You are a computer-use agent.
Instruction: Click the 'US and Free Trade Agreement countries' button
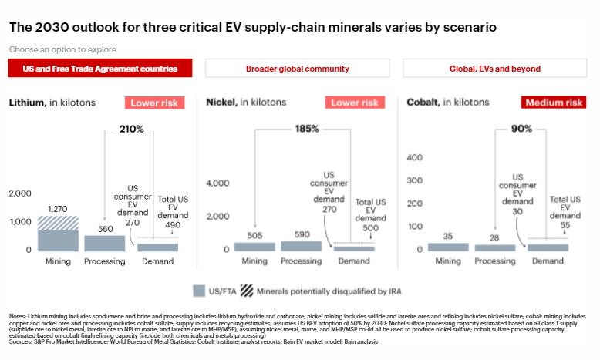(x=99, y=69)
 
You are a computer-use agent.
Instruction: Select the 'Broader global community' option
(x=297, y=69)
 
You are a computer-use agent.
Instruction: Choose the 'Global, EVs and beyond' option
(x=495, y=69)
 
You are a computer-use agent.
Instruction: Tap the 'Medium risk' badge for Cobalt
(x=554, y=103)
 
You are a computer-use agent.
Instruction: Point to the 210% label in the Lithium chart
(x=131, y=129)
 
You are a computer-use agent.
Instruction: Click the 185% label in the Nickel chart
(x=306, y=129)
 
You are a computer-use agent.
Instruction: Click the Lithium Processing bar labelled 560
(x=104, y=243)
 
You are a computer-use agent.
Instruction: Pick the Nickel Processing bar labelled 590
(x=302, y=246)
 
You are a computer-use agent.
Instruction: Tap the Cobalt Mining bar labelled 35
(x=448, y=247)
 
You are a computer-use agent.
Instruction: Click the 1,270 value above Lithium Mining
(x=59, y=208)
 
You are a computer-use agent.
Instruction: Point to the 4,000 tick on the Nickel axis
(x=217, y=183)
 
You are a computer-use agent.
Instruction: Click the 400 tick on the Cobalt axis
(x=415, y=157)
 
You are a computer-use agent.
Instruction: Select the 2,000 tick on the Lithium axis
(x=21, y=193)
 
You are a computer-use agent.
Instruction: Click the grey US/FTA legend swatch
(x=198, y=291)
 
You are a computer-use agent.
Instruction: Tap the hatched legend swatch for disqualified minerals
(x=246, y=291)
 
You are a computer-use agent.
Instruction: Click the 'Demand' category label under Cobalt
(x=548, y=261)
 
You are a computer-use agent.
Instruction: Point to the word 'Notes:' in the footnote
(x=18, y=317)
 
